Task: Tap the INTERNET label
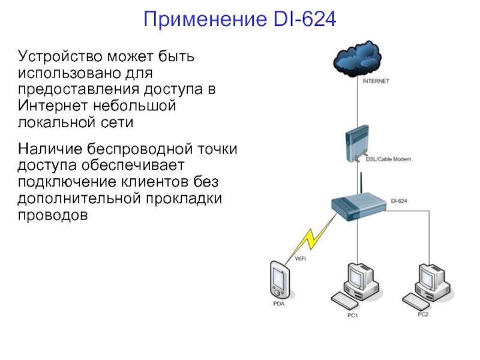coord(376,80)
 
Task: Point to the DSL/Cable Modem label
coord(388,159)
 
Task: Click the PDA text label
coord(279,304)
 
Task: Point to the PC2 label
coord(424,314)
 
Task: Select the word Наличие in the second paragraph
coord(49,147)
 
